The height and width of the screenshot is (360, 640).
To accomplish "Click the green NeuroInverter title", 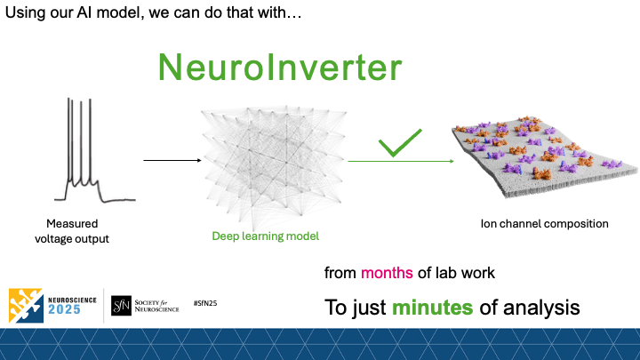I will pos(279,68).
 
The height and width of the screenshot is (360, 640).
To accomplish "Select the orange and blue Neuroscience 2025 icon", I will pos(26,304).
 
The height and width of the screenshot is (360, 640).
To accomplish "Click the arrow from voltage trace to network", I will pos(172,161).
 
